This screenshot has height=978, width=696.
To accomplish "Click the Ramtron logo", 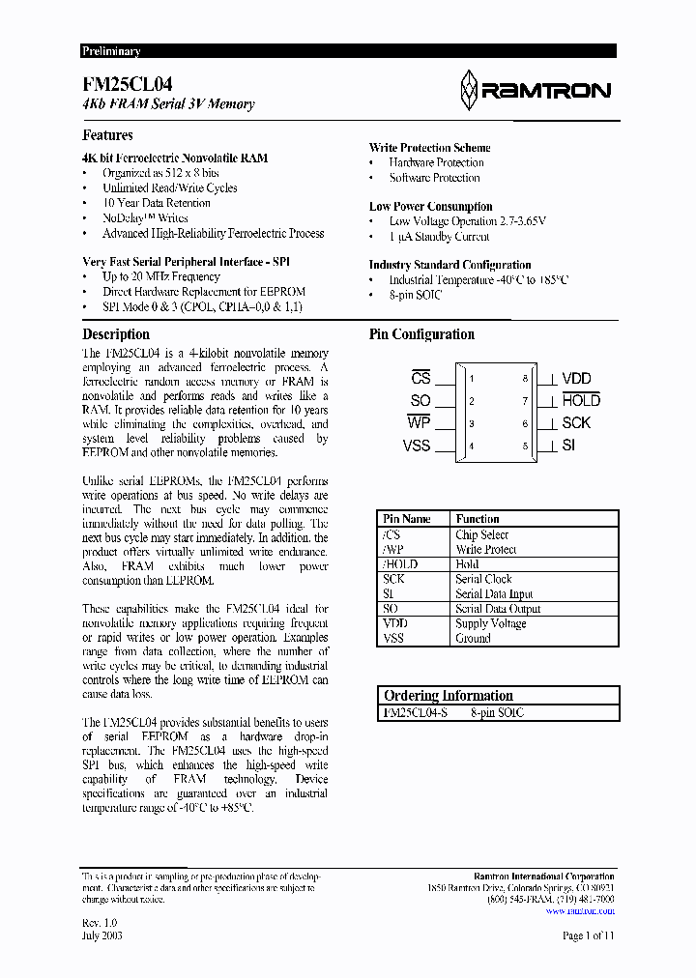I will (x=535, y=91).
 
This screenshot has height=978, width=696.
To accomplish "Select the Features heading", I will (x=107, y=135).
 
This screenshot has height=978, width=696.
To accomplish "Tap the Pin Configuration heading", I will (x=421, y=334).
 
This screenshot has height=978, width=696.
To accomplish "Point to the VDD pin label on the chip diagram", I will (x=576, y=379).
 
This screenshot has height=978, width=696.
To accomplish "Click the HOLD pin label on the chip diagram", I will (x=581, y=400).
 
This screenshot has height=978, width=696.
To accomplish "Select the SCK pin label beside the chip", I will (x=576, y=423).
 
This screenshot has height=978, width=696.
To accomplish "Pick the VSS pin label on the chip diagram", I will (x=417, y=446).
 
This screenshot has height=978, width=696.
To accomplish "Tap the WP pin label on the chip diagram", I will (x=419, y=422).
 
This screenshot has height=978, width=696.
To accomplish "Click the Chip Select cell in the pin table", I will (x=481, y=534).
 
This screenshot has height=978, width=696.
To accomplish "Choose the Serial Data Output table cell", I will (x=498, y=609).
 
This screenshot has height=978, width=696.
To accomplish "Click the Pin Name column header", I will (x=407, y=519).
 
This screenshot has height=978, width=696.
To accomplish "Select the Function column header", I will (x=478, y=519).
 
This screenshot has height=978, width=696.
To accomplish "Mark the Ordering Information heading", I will (x=448, y=696).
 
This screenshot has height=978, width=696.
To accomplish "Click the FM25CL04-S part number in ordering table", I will (x=415, y=713).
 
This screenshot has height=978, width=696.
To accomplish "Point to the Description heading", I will (x=116, y=334).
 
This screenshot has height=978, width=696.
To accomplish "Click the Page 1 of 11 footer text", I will (x=588, y=935).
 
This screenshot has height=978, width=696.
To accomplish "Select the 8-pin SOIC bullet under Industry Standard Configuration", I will (x=415, y=295).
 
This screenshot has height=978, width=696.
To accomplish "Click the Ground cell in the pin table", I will (x=474, y=639).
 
